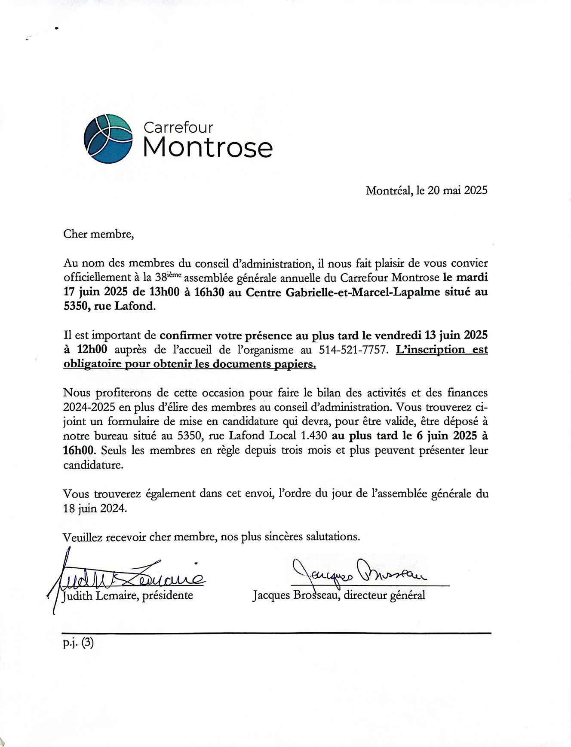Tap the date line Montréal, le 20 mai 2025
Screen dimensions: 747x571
[x=427, y=190]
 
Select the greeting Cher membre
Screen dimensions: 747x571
[x=98, y=235]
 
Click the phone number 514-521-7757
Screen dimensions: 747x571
[x=352, y=350]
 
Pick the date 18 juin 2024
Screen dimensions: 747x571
[x=95, y=509]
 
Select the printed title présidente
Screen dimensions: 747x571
[x=168, y=595]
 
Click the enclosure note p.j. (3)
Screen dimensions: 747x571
[x=78, y=643]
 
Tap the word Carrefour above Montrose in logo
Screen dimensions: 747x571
[x=178, y=128]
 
